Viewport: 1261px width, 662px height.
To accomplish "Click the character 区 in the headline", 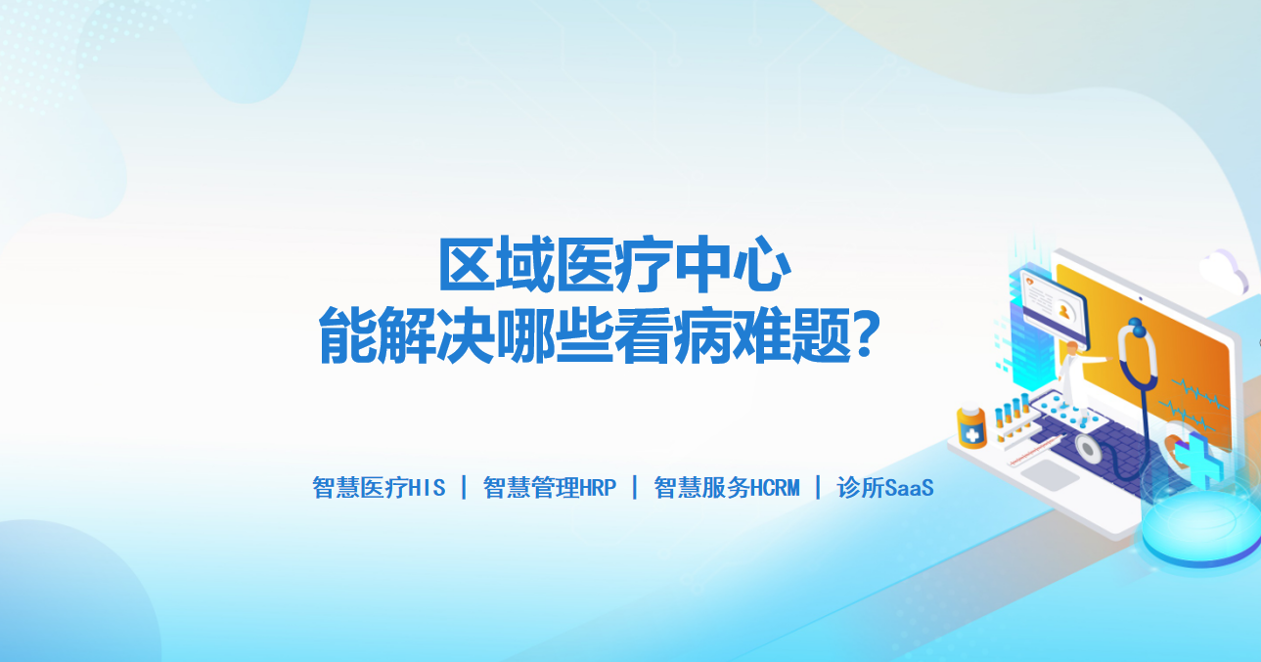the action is pyautogui.click(x=468, y=265).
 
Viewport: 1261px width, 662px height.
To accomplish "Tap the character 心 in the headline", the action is pyautogui.click(x=762, y=265).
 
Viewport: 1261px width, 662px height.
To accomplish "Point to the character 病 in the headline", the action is pyautogui.click(x=702, y=335).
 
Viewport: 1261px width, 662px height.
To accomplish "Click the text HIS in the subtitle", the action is pyautogui.click(x=427, y=488).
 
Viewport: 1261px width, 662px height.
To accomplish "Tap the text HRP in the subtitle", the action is pyautogui.click(x=598, y=488).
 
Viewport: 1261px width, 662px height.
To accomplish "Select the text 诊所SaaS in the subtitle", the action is pyautogui.click(x=885, y=488).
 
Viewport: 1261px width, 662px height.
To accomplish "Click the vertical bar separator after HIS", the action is pyautogui.click(x=464, y=487).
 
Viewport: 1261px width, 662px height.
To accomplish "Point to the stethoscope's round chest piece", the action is pyautogui.click(x=1089, y=449).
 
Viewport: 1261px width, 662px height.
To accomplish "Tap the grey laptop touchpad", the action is pyautogui.click(x=1050, y=474).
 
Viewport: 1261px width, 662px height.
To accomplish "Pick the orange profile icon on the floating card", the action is pyautogui.click(x=1064, y=311).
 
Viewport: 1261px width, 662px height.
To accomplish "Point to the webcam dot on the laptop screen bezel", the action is pyautogui.click(x=1141, y=299).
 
